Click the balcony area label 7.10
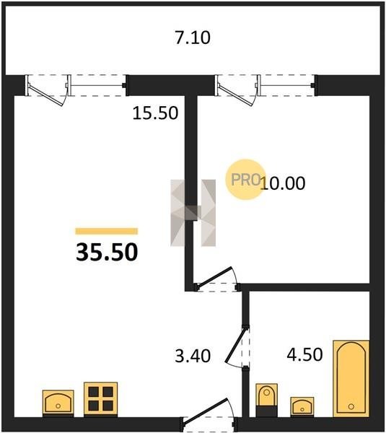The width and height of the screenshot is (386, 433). coord(193,38)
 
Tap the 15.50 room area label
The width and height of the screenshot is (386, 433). coord(155,113)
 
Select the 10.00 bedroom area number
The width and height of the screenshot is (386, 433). coord(283,183)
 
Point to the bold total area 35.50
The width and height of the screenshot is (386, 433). coord(107,252)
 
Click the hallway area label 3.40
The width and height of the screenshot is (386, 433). coord(193,356)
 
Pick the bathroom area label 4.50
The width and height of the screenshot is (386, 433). coord(304,354)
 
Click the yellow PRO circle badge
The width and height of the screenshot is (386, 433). coord(245,179)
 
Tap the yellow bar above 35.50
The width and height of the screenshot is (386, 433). coord(107,231)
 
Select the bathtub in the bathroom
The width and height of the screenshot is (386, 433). coord(351,378)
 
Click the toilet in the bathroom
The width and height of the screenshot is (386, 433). coord(266,400)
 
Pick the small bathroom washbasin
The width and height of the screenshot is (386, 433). coord(302,407)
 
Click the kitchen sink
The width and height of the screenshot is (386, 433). coord(58,403)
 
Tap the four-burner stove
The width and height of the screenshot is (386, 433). coord(101,399)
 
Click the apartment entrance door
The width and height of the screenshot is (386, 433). coord(209,413)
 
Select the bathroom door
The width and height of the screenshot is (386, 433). coord(237,346)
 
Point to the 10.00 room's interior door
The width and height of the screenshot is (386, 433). coord(216,279)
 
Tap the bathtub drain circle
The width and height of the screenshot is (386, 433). coord(351,406)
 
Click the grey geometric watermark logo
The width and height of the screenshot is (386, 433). coord(193,213)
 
